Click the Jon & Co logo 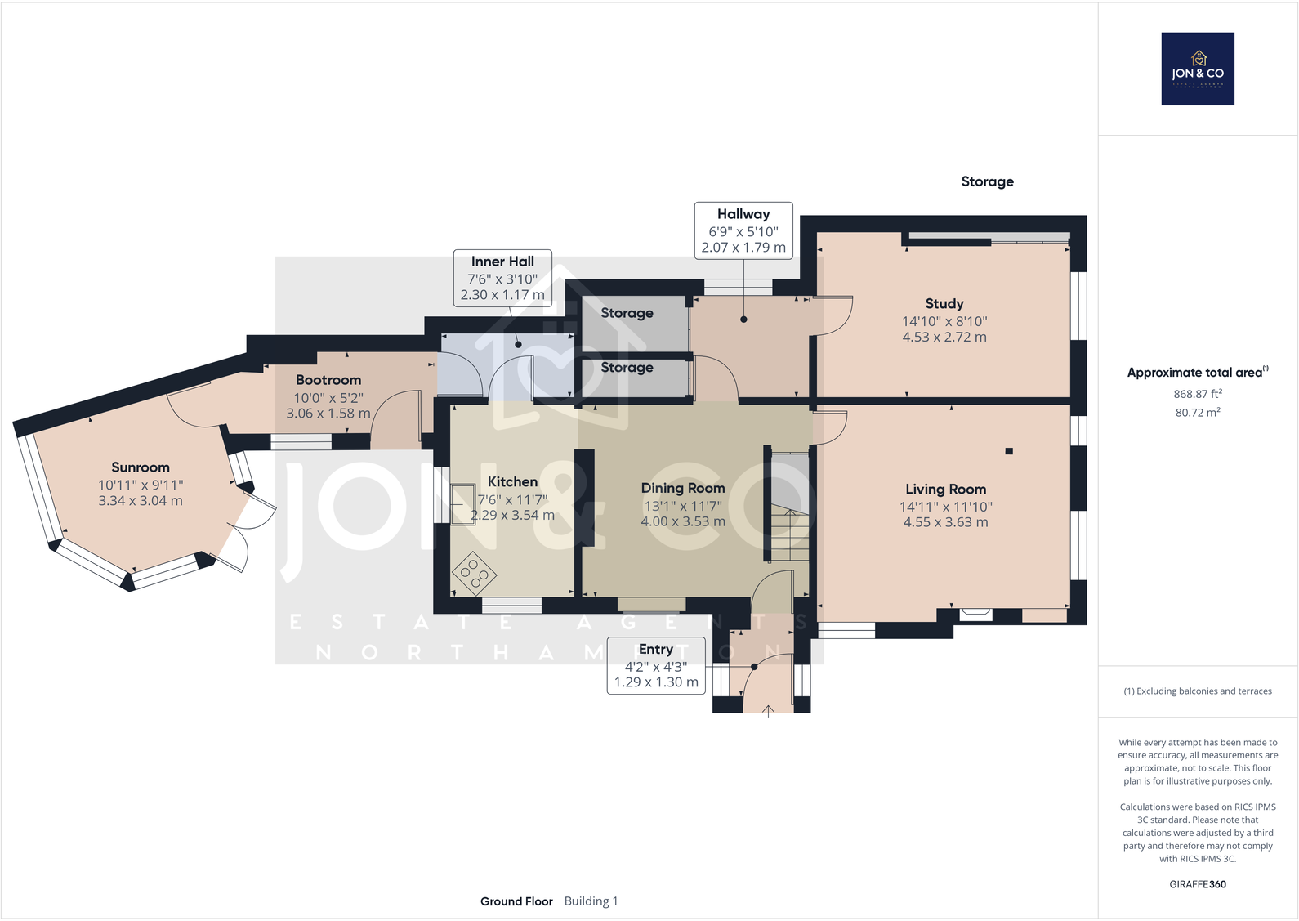pos(1198,69)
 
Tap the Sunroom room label pos(141,467)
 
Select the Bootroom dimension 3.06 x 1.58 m pos(328,414)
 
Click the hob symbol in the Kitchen pos(474,572)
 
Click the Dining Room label pos(683,488)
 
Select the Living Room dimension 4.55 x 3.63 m pos(945,522)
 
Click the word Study pos(944,303)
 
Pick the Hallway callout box pos(743,230)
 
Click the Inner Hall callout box pos(502,278)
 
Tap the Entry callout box pos(656,666)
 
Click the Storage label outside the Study pos(987,181)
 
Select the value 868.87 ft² pos(1198,394)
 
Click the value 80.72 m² pos(1198,413)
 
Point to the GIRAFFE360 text pos(1198,884)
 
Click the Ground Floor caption pos(516,901)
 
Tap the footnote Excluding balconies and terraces pos(1198,691)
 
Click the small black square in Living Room pos(1009,451)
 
